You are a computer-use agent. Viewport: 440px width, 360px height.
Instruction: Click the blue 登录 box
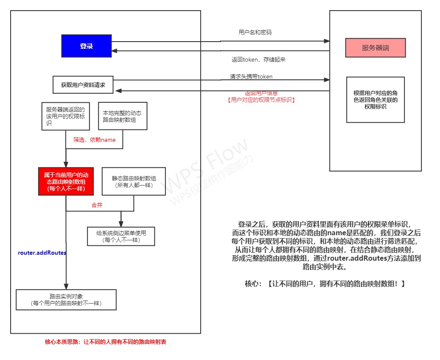(x=86, y=46)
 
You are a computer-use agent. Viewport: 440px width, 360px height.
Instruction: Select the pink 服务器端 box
(x=375, y=48)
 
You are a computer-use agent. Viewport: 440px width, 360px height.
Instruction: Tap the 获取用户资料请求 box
(x=83, y=84)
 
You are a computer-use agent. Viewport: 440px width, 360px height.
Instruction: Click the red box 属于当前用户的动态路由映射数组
(x=66, y=181)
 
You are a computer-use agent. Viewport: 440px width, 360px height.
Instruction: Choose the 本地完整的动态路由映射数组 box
(x=122, y=116)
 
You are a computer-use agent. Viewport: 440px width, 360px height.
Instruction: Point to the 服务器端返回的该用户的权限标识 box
(x=65, y=116)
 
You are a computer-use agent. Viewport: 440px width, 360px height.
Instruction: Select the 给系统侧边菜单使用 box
(x=121, y=236)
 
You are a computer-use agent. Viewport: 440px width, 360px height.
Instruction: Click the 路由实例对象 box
(x=66, y=300)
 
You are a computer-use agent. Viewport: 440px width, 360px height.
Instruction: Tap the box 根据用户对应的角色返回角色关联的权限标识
(x=375, y=100)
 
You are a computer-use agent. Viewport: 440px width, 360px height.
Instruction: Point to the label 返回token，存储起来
(x=258, y=59)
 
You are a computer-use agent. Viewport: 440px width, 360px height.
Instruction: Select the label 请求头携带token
(x=251, y=77)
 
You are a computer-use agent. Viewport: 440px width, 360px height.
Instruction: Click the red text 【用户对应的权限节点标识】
(x=261, y=100)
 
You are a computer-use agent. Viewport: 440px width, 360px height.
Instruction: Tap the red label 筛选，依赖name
(x=94, y=140)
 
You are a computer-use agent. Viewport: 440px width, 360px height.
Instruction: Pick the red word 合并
(x=97, y=205)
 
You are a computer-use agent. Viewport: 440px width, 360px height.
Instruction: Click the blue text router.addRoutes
(x=42, y=253)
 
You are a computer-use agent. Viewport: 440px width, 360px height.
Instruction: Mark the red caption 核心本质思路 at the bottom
(x=106, y=342)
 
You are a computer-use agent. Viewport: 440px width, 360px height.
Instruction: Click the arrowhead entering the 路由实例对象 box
(x=66, y=287)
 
